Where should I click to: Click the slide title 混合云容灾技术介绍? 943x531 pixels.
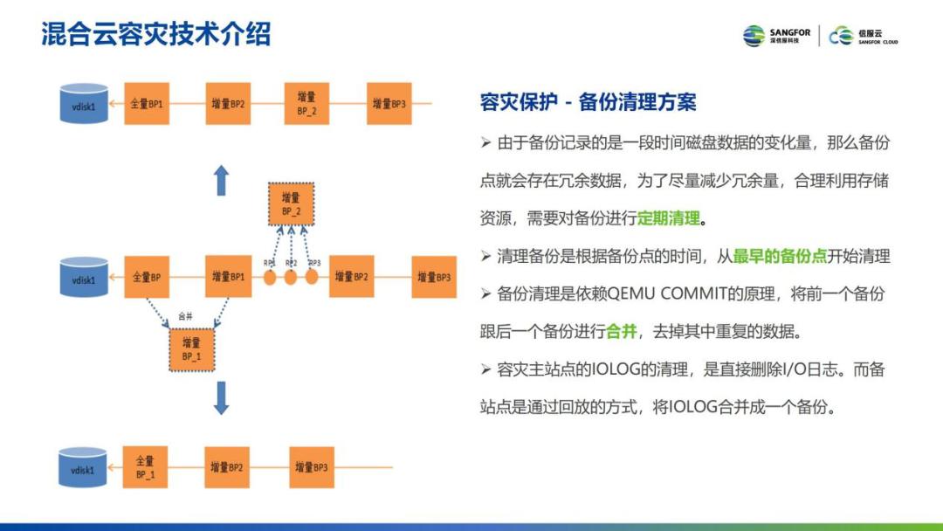pyautogui.click(x=156, y=34)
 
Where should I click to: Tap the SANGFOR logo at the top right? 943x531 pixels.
pyautogui.click(x=777, y=36)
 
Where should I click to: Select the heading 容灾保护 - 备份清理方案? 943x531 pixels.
pyautogui.click(x=588, y=102)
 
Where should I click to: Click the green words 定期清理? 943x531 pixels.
pyautogui.click(x=669, y=218)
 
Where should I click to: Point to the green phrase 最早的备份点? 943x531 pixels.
pyautogui.click(x=779, y=257)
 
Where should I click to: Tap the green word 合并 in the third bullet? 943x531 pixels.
pyautogui.click(x=621, y=332)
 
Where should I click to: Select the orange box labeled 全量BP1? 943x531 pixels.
pyautogui.click(x=147, y=104)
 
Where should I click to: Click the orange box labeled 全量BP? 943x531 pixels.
pyautogui.click(x=147, y=278)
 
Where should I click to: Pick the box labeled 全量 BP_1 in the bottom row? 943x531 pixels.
pyautogui.click(x=145, y=468)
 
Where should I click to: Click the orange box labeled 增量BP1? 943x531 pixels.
pyautogui.click(x=228, y=278)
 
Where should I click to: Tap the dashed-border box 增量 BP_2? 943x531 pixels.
pyautogui.click(x=292, y=204)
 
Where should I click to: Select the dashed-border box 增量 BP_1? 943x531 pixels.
pyautogui.click(x=191, y=349)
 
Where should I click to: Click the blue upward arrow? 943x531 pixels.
pyautogui.click(x=222, y=181)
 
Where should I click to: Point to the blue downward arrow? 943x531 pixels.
pyautogui.click(x=222, y=397)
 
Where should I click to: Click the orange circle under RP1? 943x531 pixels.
pyautogui.click(x=271, y=278)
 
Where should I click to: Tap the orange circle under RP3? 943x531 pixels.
pyautogui.click(x=311, y=278)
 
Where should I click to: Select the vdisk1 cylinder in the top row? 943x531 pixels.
pyautogui.click(x=83, y=103)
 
